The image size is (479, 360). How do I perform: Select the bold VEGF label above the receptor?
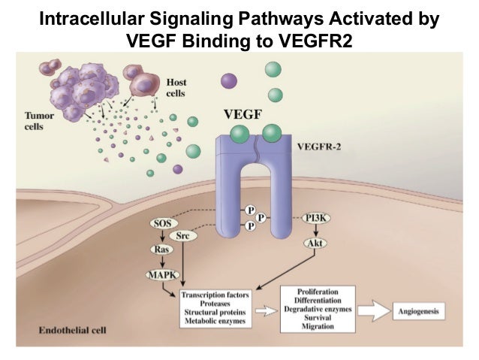242,116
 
